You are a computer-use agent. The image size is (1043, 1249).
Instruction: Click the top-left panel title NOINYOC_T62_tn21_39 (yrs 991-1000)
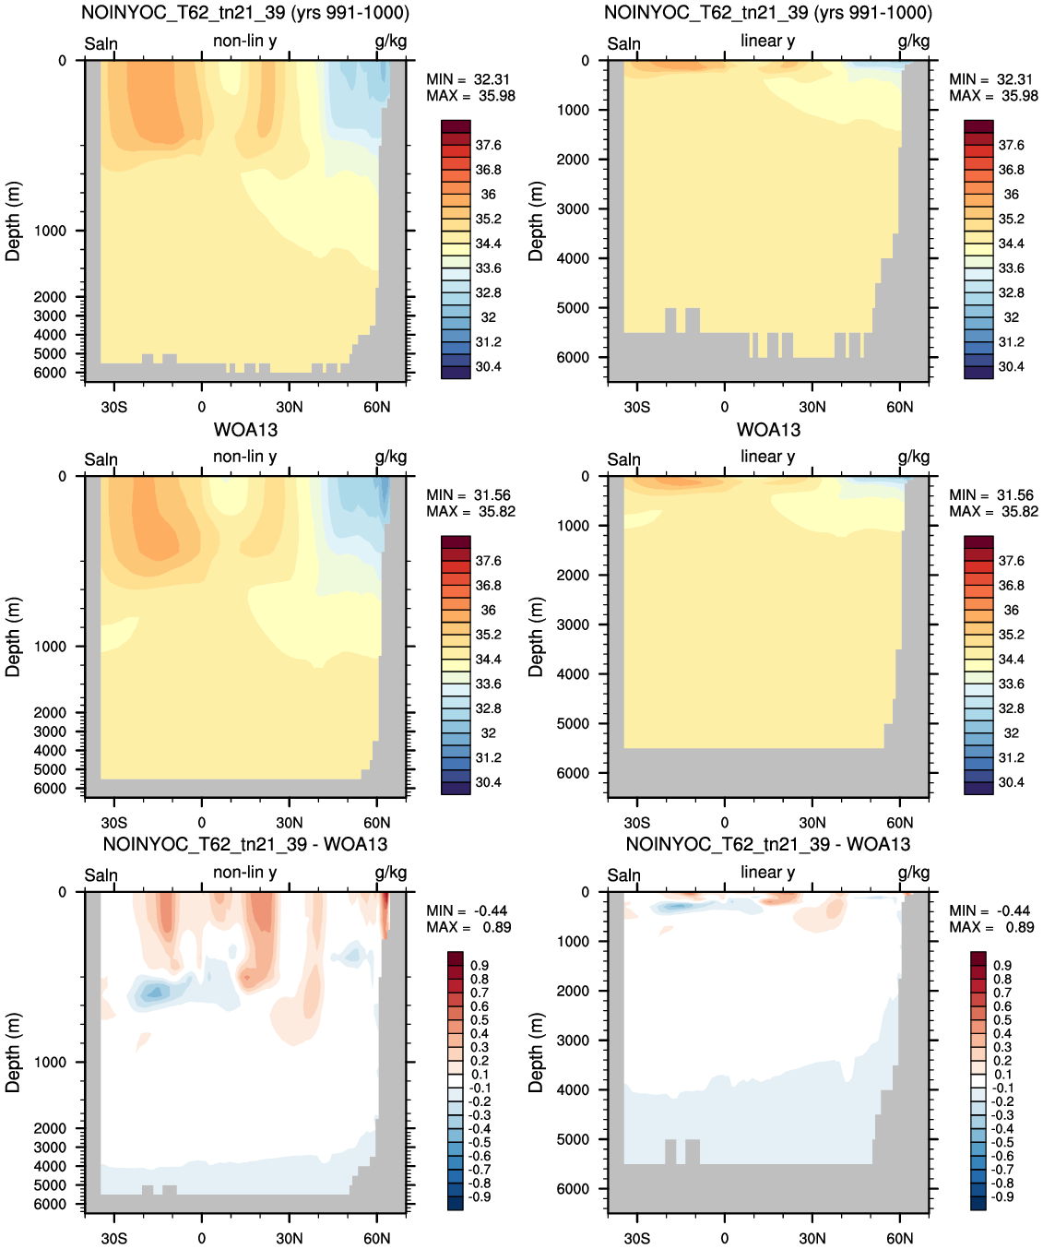coord(245,13)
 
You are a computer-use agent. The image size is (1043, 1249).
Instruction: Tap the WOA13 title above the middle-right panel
coord(768,429)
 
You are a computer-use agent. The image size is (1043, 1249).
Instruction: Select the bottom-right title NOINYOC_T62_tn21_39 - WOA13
coord(768,844)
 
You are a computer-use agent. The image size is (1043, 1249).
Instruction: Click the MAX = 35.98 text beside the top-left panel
coord(470,96)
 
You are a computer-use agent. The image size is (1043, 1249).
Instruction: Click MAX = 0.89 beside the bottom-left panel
coord(468,927)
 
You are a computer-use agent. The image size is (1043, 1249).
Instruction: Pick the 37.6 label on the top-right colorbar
coord(1011,146)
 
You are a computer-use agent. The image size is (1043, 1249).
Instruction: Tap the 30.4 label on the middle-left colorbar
coord(488,782)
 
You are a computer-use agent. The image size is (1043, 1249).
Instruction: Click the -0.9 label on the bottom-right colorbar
coord(1002,1197)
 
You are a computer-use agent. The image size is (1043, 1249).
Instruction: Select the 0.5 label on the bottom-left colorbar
coord(480,1020)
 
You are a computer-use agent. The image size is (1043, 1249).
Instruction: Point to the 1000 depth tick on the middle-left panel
coord(50,647)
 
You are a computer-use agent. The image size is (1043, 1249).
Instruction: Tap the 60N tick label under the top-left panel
coord(377,408)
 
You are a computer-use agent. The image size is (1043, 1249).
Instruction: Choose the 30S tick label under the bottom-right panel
coord(637,1239)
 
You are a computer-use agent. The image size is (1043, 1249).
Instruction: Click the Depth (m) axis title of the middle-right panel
coord(536,637)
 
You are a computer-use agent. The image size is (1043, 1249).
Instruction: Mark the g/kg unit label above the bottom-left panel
coord(390,874)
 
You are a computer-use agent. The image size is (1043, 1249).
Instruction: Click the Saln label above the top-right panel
coord(623,43)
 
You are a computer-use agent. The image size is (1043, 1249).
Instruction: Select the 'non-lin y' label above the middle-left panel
coord(245,457)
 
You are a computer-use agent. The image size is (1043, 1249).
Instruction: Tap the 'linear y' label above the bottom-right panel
coord(768,872)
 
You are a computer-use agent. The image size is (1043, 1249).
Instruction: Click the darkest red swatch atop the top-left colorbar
coord(456,126)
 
